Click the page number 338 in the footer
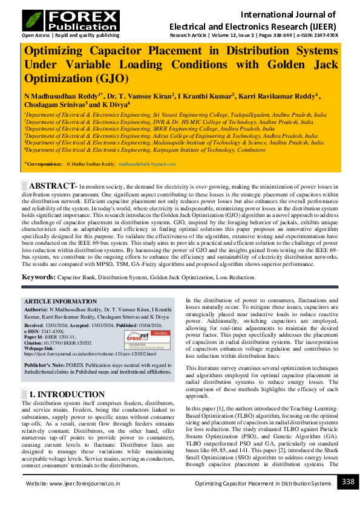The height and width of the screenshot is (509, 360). (x=347, y=482)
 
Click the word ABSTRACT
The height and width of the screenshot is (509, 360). (x=53, y=185)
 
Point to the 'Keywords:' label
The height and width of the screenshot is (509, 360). (x=39, y=277)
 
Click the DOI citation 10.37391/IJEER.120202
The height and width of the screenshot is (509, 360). (x=76, y=342)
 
